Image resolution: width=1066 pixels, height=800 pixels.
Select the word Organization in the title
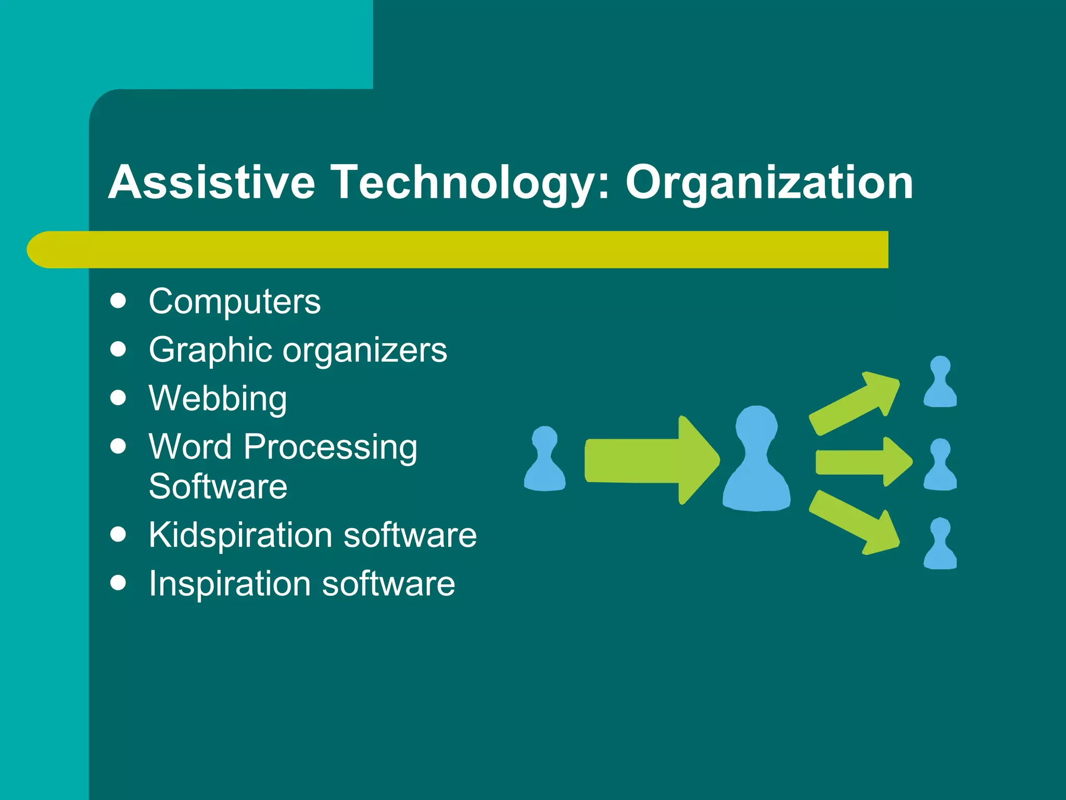click(769, 182)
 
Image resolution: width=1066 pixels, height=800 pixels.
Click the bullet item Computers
click(235, 302)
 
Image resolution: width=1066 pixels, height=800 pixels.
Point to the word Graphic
click(210, 350)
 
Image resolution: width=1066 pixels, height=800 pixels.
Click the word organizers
click(365, 350)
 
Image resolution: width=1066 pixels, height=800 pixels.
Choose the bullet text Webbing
click(218, 398)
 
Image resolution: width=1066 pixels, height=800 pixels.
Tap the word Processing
click(331, 447)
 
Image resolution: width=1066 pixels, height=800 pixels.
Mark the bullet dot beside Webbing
click(119, 398)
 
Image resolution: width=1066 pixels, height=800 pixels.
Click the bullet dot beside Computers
click(119, 301)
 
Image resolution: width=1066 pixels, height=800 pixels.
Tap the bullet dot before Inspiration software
click(119, 583)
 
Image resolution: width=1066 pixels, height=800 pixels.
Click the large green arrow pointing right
click(651, 460)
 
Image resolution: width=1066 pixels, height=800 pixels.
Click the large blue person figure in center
click(756, 461)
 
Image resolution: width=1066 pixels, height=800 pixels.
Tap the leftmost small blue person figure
click(544, 460)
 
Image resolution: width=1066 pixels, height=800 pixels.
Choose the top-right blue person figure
click(940, 383)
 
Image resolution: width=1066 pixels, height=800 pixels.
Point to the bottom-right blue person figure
click(940, 544)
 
